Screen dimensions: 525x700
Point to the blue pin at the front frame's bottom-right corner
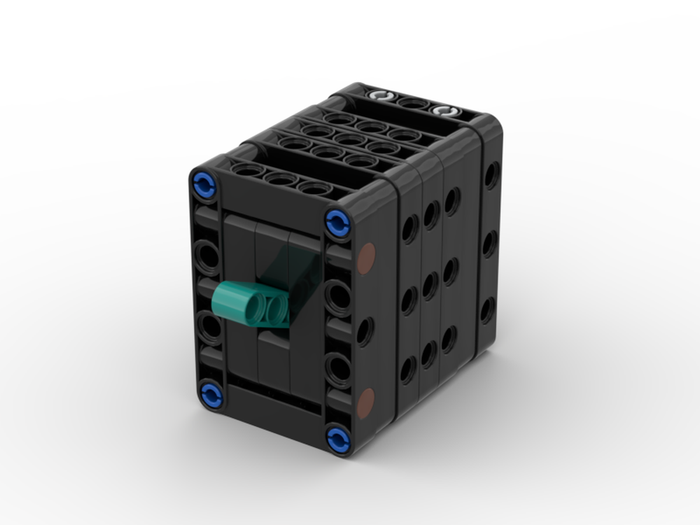tap(337, 438)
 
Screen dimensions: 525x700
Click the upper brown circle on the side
tap(366, 257)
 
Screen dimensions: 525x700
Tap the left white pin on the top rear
tap(379, 97)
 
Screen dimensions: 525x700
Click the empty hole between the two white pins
tap(412, 104)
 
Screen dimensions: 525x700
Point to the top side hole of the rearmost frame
tap(492, 174)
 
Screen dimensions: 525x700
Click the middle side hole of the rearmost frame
tap(490, 243)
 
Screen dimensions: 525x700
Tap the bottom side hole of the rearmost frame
tap(487, 309)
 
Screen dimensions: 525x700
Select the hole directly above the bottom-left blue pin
tap(208, 327)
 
